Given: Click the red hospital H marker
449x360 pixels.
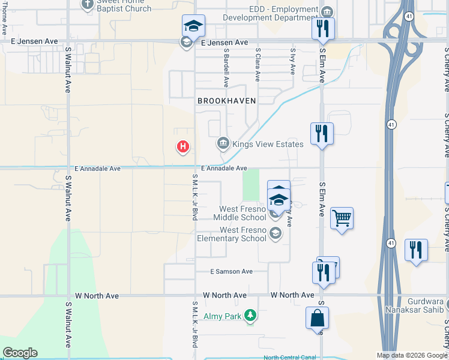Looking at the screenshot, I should (183, 146).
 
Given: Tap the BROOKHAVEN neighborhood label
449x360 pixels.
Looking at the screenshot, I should (227, 101).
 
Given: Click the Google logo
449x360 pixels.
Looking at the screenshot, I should (20, 353).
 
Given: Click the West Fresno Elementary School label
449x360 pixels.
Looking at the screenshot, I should (243, 234).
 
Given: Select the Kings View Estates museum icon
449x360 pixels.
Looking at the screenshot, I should (223, 143).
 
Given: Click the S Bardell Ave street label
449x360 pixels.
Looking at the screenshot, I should (226, 67).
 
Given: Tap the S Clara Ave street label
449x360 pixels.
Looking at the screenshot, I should (258, 65).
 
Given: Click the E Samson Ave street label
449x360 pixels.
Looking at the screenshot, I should (231, 271).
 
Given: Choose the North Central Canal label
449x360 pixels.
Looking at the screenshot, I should (289, 358).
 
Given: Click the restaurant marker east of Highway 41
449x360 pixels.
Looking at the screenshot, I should (416, 250).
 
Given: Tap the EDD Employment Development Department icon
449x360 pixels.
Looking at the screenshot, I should (327, 12).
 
